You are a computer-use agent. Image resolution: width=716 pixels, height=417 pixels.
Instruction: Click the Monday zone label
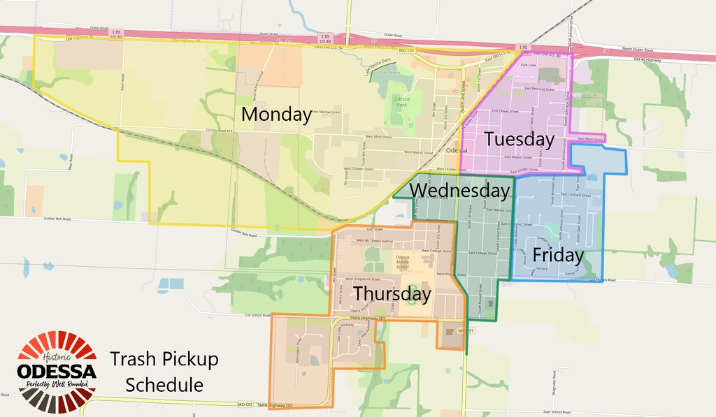[x=276, y=115]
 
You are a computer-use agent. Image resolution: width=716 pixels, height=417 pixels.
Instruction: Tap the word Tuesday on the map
[x=519, y=139]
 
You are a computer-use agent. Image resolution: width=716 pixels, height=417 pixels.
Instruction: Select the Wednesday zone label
[x=459, y=190]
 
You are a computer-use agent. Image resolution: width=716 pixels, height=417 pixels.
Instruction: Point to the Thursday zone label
[x=392, y=294]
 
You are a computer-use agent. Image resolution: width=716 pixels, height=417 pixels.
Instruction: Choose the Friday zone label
[x=557, y=255]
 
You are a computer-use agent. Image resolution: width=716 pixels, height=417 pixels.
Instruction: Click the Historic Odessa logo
[x=57, y=371]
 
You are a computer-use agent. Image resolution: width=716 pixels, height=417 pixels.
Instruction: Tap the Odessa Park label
[x=401, y=102]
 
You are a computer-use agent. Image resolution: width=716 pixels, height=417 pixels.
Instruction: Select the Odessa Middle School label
[x=402, y=262]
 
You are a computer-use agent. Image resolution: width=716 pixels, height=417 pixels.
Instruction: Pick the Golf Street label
[x=374, y=229]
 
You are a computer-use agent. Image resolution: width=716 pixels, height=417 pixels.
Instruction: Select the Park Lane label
[x=528, y=65]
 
